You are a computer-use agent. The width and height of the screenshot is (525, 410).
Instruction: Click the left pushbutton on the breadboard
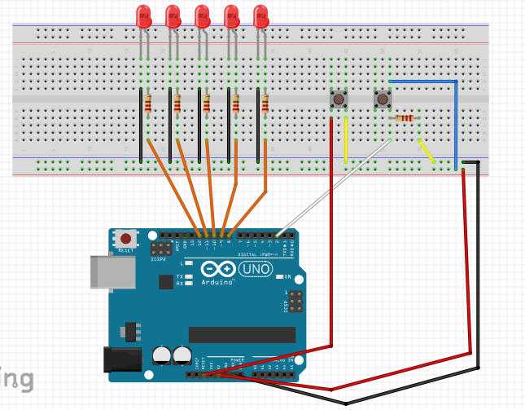(x=337, y=100)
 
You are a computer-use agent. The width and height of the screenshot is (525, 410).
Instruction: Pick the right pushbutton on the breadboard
(x=382, y=100)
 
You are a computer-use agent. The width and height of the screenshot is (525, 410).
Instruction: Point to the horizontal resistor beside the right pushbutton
(x=404, y=118)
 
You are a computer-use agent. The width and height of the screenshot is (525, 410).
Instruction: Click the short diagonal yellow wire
(x=426, y=151)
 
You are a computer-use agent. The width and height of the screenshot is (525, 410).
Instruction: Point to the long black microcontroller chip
(x=242, y=334)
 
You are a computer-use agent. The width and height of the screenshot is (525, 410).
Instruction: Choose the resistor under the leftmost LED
(x=148, y=103)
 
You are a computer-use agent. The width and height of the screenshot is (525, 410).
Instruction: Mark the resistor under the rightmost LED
(x=265, y=103)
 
